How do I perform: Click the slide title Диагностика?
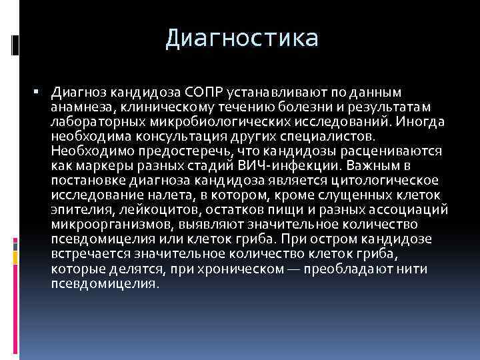(242, 38)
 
